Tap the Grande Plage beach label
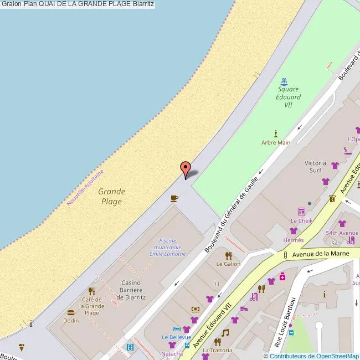[x=111, y=197]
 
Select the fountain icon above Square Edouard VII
[x=285, y=82]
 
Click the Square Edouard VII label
[x=288, y=97]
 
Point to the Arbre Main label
[x=276, y=142]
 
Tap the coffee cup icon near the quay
[x=174, y=198]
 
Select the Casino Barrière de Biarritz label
[x=131, y=289]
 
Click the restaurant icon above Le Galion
[x=228, y=255]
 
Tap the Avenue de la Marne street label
[x=320, y=254]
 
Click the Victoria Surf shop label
[x=315, y=167]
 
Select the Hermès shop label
[x=294, y=240]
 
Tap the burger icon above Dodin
[x=70, y=312]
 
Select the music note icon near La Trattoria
[x=225, y=333]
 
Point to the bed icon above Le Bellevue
[x=177, y=328]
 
